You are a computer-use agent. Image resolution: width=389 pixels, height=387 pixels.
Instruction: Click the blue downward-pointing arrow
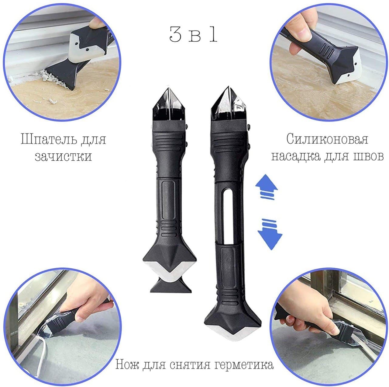(270, 234)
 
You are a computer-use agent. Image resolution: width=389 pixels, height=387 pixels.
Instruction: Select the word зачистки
(64, 156)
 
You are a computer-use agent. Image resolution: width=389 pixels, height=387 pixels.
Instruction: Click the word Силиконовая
(327, 139)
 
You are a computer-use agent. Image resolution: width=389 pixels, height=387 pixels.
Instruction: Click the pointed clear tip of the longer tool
(228, 88)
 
